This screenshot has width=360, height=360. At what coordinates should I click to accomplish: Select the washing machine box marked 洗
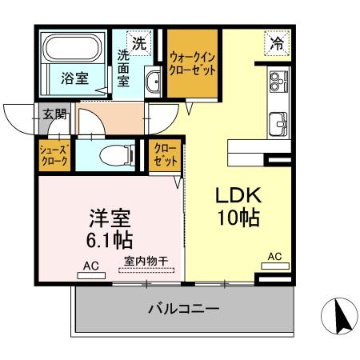pyautogui.click(x=139, y=44)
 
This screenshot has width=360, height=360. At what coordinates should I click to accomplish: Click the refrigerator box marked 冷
pyautogui.click(x=275, y=45)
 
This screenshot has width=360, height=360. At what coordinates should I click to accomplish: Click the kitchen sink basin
pyautogui.click(x=278, y=125)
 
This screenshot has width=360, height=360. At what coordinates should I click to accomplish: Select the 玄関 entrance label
pyautogui.click(x=56, y=114)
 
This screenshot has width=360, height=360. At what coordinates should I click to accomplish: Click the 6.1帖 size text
pyautogui.click(x=105, y=239)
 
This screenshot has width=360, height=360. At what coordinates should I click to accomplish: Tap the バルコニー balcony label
pyautogui.click(x=182, y=308)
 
